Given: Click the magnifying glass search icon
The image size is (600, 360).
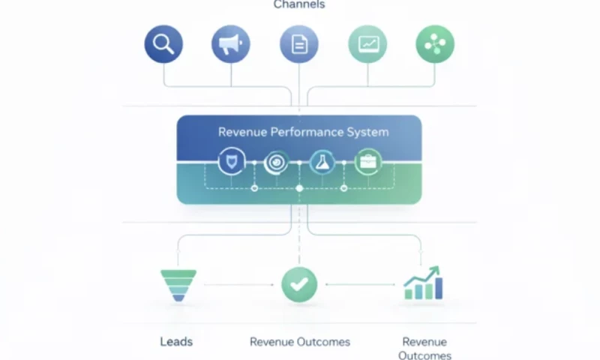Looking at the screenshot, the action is coord(163,44).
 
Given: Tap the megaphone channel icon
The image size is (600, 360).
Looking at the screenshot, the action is coord(231,44).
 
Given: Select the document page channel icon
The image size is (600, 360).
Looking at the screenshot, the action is coord(298,44).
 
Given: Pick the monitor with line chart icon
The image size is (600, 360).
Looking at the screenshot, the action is coord(367,44).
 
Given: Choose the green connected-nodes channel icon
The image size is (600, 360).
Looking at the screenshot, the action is coord(435,44).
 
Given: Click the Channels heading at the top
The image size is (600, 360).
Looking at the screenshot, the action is coord(299,4).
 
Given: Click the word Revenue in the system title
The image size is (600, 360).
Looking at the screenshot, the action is coord(242,132).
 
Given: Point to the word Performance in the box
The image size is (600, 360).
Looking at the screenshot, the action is coord(307,132).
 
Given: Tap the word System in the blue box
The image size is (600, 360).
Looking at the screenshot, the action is coord(367,132).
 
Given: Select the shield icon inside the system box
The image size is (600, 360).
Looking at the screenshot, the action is coord(232,161).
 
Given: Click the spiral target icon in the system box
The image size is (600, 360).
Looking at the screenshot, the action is coord(276,162).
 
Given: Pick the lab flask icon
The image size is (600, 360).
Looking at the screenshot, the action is coord(322,162).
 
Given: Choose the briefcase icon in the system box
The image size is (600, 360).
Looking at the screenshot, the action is coord(368,162).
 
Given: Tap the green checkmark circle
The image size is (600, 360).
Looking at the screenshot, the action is coord(299,285).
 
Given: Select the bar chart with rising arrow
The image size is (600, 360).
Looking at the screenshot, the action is coord(423,283).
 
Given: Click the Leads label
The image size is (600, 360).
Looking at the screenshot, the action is coord(176,342).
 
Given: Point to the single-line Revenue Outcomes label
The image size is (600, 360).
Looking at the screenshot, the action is coord(300,342).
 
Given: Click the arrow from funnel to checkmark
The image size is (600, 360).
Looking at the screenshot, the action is coord(239,285).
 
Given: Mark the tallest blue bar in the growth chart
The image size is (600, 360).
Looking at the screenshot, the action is coord(439,288).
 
